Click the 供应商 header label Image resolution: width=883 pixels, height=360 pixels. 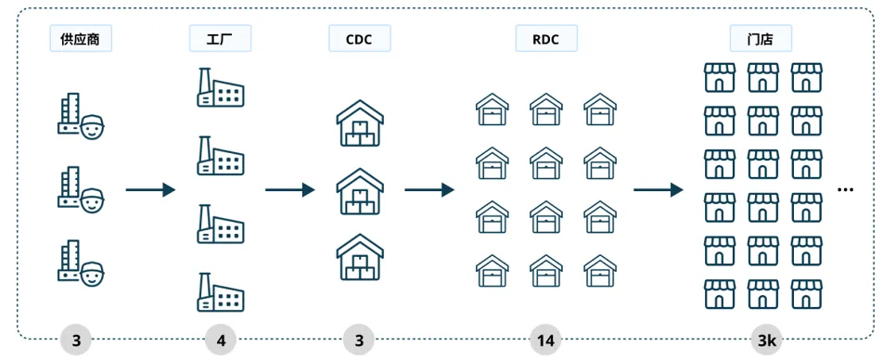tap(81, 39)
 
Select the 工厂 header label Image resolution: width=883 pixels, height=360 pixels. tap(220, 39)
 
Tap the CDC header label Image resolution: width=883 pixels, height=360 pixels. tap(360, 39)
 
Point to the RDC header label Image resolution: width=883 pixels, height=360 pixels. tap(546, 39)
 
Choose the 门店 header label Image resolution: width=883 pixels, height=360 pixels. tap(761, 39)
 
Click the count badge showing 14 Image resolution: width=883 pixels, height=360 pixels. tap(546, 340)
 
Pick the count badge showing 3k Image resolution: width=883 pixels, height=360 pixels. tap(766, 340)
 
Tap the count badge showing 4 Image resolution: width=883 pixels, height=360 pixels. tap(221, 340)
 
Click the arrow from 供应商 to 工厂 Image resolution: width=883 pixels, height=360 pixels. tap(150, 190)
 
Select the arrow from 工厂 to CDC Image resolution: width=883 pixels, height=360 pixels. tap(290, 190)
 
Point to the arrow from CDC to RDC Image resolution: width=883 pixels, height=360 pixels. tap(429, 190)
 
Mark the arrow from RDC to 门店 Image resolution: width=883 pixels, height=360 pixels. tap(659, 190)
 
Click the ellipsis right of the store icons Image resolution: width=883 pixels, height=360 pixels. tap(846, 190)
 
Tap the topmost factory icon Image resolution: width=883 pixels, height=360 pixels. tap(220, 87)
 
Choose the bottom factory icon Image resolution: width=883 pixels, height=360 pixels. tap(220, 292)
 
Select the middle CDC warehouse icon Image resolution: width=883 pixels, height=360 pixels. tap(360, 191)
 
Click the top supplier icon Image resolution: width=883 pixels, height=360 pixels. tap(81, 116)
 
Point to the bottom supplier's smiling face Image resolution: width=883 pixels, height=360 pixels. tap(93, 276)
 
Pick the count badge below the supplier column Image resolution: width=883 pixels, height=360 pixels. tap(76, 340)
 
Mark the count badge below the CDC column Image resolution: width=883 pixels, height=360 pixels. tap(360, 340)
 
